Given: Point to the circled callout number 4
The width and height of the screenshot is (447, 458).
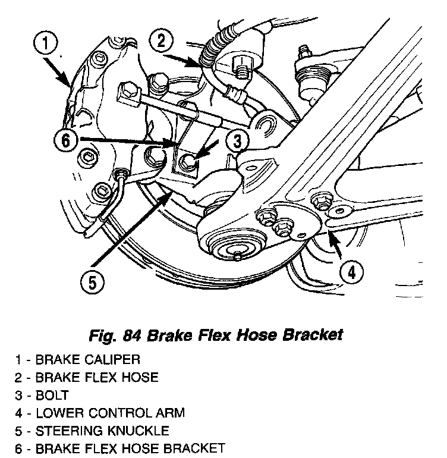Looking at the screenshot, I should [351, 272].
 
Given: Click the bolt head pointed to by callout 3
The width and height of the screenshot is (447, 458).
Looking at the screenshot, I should [188, 159].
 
